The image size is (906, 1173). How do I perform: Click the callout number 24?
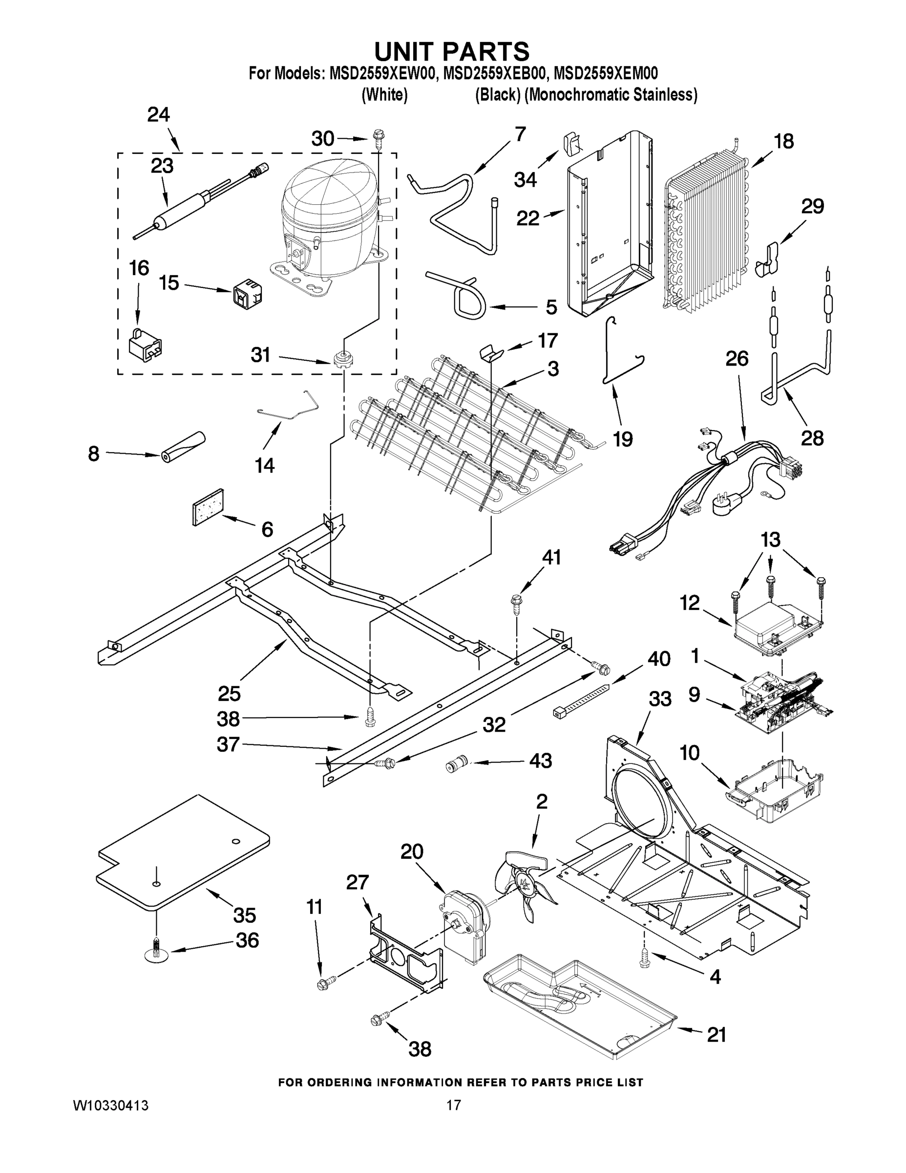(158, 114)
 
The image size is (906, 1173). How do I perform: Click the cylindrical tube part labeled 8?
(183, 447)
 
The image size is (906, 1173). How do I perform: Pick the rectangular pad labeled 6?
(208, 506)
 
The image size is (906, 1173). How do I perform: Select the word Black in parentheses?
(498, 95)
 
